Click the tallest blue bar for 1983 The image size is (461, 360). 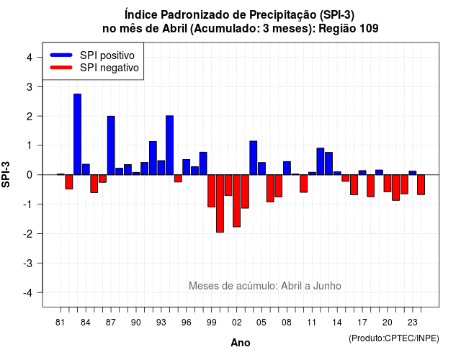point(77,135)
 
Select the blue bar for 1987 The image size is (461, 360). point(111,145)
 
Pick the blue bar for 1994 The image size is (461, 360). point(170,145)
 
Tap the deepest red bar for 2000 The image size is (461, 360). point(220,203)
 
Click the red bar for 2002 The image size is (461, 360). point(237,201)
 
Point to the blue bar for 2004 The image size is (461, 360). point(254,158)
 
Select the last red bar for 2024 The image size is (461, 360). point(421,184)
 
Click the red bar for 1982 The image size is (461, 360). point(69,181)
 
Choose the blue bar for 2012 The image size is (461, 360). point(321,161)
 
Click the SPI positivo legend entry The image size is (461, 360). point(92,55)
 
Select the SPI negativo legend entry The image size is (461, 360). point(94,68)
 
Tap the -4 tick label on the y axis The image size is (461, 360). point(29,292)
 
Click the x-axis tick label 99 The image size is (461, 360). point(211,323)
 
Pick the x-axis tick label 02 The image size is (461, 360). point(237,323)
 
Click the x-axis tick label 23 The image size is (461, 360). point(413,323)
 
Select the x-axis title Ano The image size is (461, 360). point(241,343)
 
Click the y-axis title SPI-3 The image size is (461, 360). point(6,174)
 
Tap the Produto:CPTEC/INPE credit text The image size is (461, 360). point(394,338)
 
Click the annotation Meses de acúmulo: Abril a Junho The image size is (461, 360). point(265,286)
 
